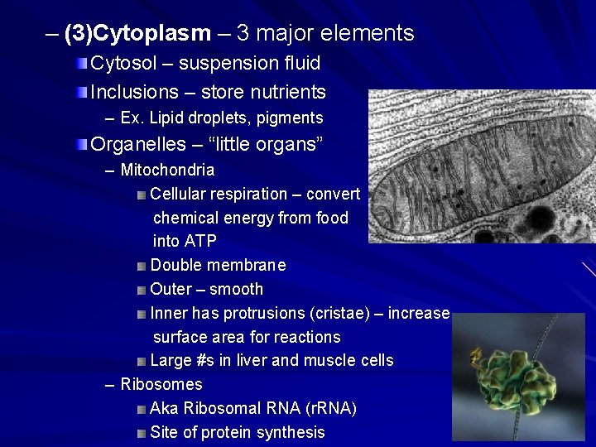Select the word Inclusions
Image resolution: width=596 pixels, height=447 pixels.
coord(134,92)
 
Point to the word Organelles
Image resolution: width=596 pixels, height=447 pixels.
coord(138,144)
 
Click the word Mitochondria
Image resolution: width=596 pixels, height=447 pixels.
coord(167,171)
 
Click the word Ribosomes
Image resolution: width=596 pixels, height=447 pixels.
coord(161,385)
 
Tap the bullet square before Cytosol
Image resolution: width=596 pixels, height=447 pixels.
coord(81,64)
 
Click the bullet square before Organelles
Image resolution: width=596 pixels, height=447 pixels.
coord(81,145)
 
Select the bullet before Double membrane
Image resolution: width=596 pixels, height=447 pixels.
coord(142,267)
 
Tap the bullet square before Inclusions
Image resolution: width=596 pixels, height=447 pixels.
coord(81,93)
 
